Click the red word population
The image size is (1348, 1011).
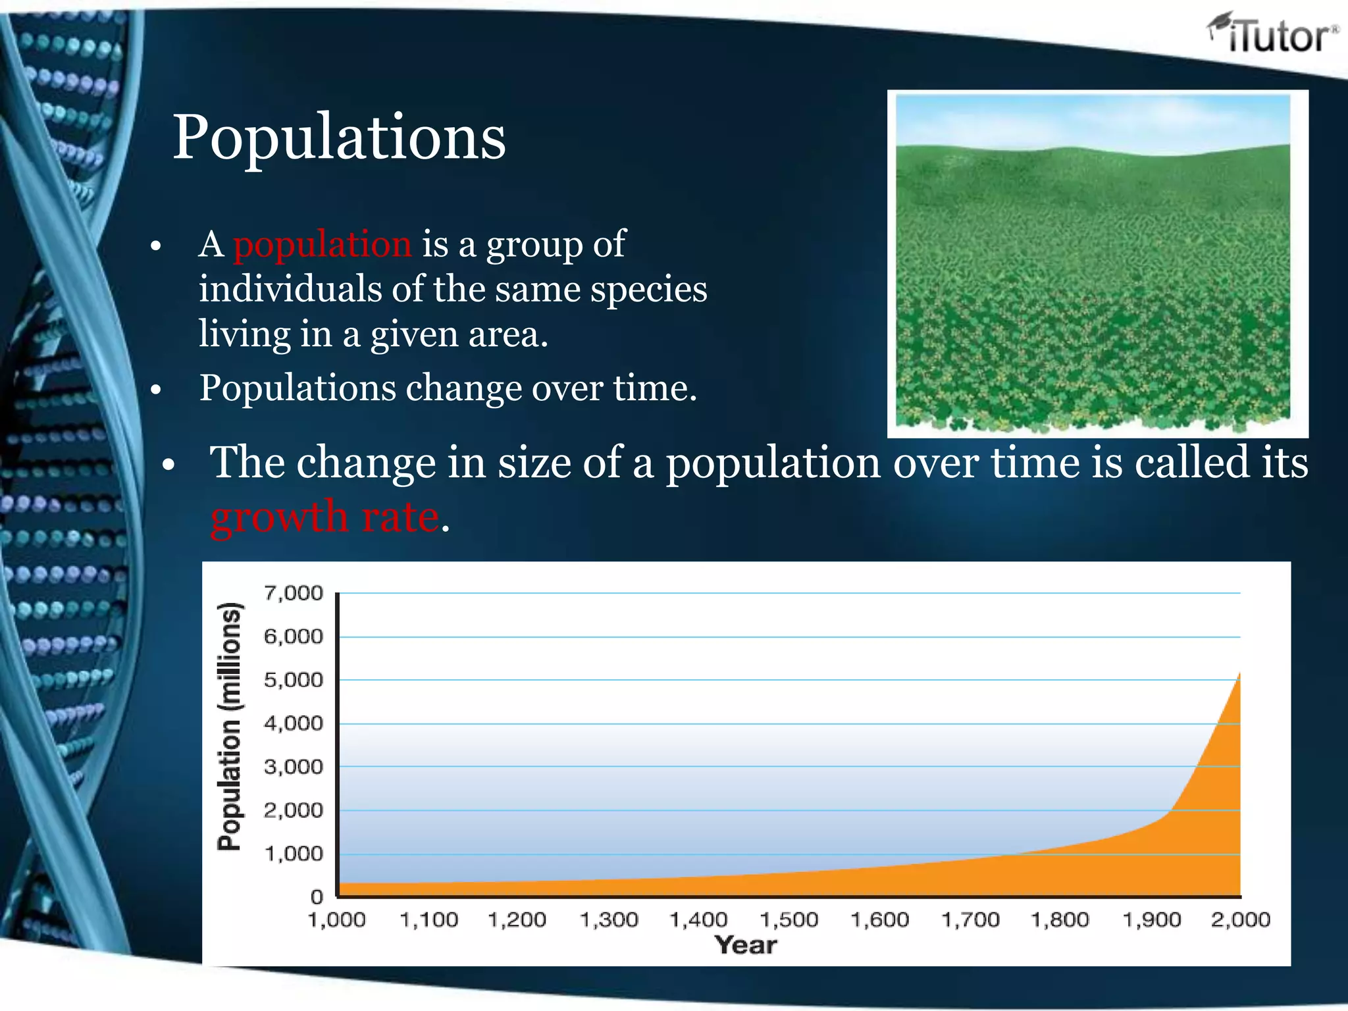pyautogui.click(x=323, y=244)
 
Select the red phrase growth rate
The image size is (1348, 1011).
pyautogui.click(x=324, y=517)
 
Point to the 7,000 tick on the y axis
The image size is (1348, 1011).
pyautogui.click(x=294, y=593)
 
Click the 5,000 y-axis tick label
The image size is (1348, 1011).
pyautogui.click(x=294, y=680)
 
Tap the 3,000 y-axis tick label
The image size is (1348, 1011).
pyautogui.click(x=294, y=767)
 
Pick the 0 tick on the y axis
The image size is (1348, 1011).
pyautogui.click(x=317, y=896)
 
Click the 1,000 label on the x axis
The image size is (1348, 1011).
pyautogui.click(x=336, y=920)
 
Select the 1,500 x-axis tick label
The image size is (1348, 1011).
pyautogui.click(x=789, y=920)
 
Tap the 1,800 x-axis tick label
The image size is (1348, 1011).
pyautogui.click(x=1060, y=920)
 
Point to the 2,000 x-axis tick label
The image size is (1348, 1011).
pyautogui.click(x=1240, y=920)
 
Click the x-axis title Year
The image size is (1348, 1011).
pyautogui.click(x=746, y=945)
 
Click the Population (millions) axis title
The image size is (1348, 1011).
pyautogui.click(x=230, y=727)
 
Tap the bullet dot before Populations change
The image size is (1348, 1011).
pyautogui.click(x=156, y=390)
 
